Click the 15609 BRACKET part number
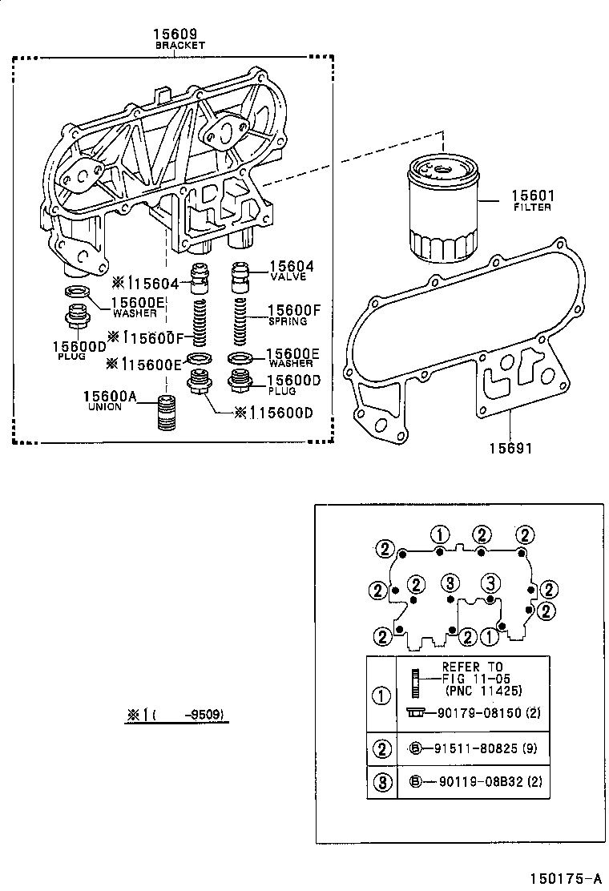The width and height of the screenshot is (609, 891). click(x=179, y=34)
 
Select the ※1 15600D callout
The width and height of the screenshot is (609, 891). click(x=272, y=413)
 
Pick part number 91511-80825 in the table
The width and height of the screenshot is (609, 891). click(x=474, y=750)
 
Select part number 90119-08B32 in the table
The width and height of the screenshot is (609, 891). click(x=474, y=783)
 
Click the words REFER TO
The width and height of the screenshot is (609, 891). click(x=472, y=667)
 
